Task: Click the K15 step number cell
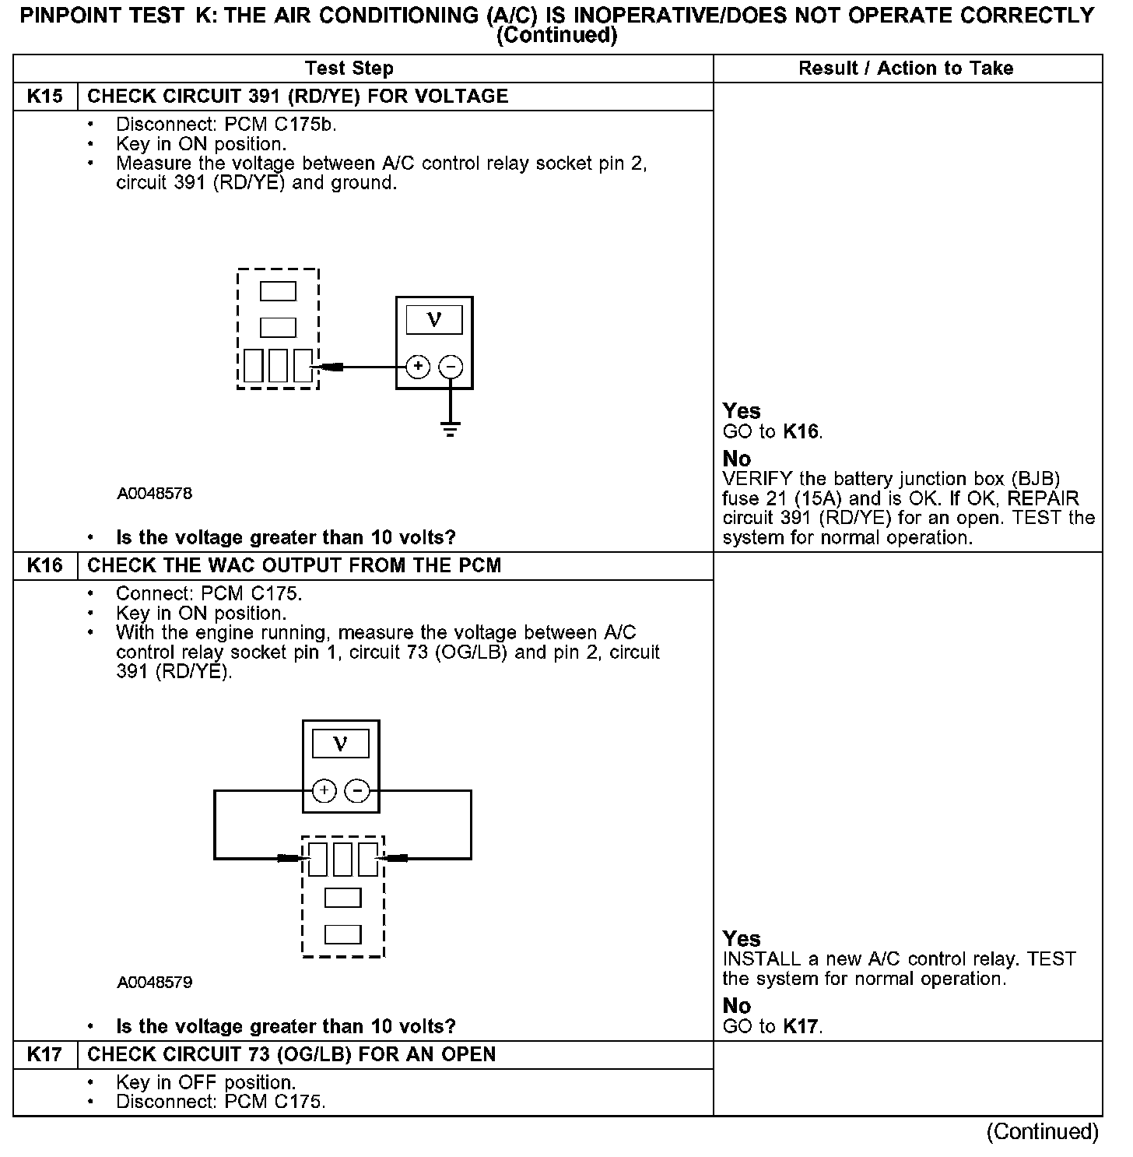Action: coord(45,97)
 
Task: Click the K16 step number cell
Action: coord(45,566)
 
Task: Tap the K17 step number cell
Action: coord(45,1055)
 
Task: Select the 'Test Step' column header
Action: coord(349,69)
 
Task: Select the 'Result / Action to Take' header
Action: coord(906,69)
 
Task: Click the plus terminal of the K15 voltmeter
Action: coord(418,367)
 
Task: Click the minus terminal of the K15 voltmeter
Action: coord(451,367)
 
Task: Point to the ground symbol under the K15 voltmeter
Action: coord(451,428)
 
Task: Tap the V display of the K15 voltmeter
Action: coord(434,319)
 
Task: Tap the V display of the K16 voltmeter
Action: coord(341,744)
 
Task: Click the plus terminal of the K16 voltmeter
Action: coord(324,792)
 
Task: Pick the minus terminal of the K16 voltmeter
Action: coord(357,792)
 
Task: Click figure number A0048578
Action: coord(155,494)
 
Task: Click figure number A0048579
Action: coord(155,983)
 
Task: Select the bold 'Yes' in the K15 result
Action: coord(742,411)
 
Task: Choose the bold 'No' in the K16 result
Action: coord(737,1006)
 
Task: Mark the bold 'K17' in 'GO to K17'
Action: coord(802,1027)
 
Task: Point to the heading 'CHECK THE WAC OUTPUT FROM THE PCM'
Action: coord(294,566)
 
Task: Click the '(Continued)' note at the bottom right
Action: coord(1043,1132)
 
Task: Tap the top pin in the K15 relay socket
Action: coord(278,291)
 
